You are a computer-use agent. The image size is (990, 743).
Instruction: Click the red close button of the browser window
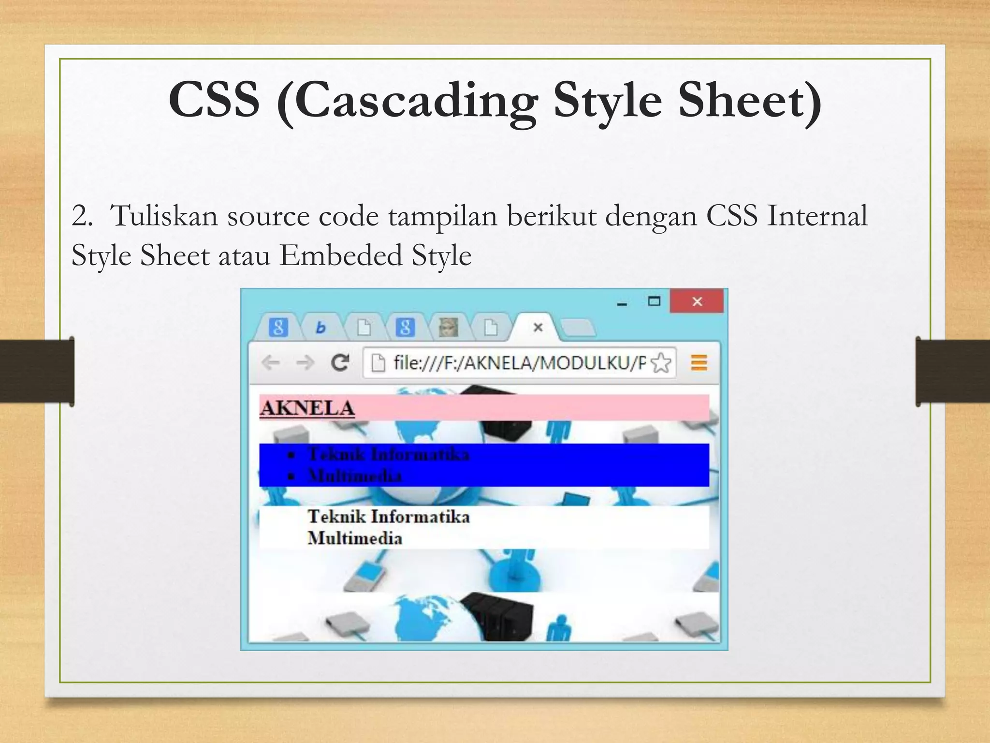pyautogui.click(x=697, y=302)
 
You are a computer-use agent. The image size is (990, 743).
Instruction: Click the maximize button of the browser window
pyautogui.click(x=654, y=302)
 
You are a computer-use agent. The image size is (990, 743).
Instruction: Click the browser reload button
pyautogui.click(x=340, y=362)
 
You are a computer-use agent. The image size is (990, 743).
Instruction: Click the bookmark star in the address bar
pyautogui.click(x=661, y=363)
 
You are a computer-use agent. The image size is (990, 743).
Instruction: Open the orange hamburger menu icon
pyautogui.click(x=699, y=362)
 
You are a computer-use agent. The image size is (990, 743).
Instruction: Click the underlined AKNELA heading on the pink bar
pyautogui.click(x=307, y=408)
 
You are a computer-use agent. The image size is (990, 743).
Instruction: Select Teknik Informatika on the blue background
pyautogui.click(x=388, y=455)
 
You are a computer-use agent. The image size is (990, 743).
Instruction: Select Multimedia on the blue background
pyautogui.click(x=355, y=476)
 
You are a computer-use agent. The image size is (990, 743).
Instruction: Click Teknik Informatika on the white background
pyautogui.click(x=388, y=517)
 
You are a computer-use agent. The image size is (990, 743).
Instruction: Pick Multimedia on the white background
pyautogui.click(x=355, y=538)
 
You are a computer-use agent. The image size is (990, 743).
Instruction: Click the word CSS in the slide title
pyautogui.click(x=214, y=100)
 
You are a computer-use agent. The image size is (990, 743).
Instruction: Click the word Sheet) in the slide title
pyautogui.click(x=749, y=100)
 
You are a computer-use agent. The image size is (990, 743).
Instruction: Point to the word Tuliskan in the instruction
pyautogui.click(x=164, y=215)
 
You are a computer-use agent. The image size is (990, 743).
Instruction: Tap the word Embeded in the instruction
pyautogui.click(x=340, y=255)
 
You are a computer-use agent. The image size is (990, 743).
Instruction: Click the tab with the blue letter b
pyautogui.click(x=320, y=328)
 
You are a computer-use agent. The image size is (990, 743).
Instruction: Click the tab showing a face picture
pyautogui.click(x=447, y=327)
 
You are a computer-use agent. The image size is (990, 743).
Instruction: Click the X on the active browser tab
pyautogui.click(x=538, y=327)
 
